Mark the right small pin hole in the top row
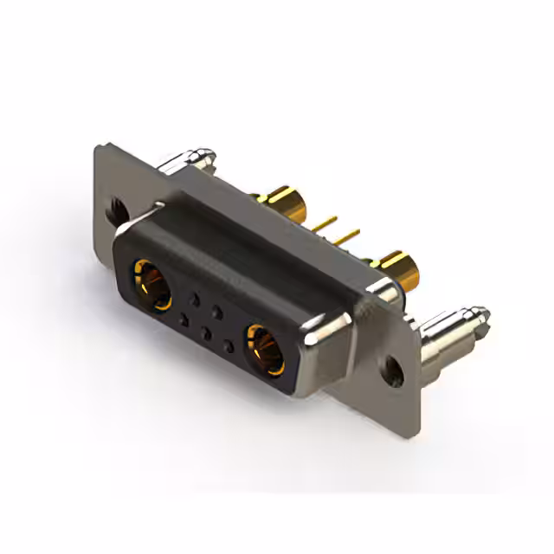[219, 310]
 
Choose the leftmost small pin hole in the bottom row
[183, 320]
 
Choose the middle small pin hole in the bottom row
[204, 332]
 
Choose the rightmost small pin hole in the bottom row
[227, 345]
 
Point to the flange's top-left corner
[97, 149]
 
